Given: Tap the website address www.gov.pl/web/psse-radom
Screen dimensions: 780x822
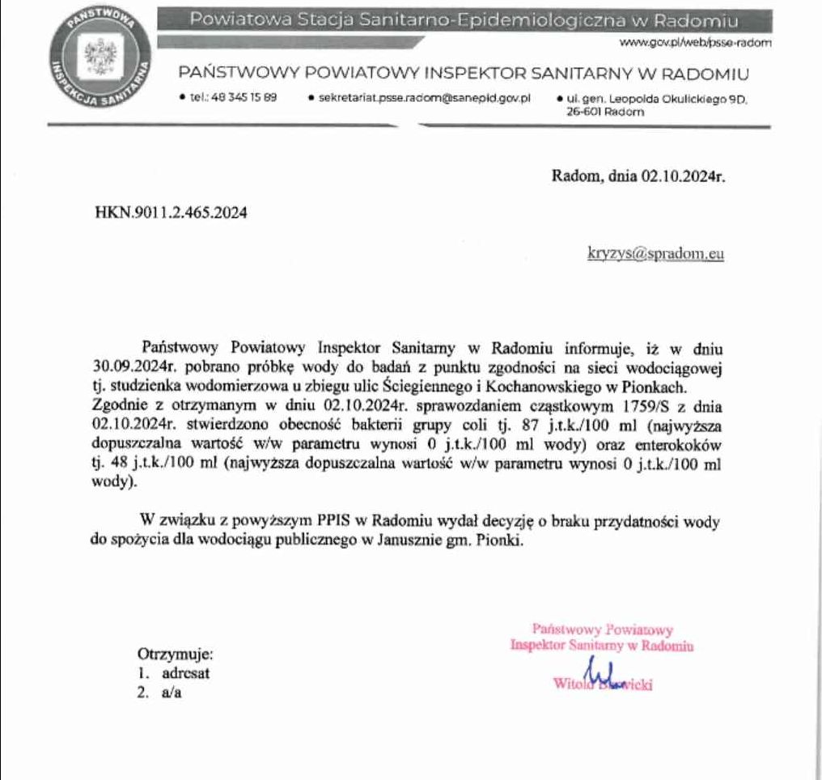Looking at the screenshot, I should point(693,41).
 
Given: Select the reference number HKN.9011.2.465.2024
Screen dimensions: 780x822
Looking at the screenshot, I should point(172,214).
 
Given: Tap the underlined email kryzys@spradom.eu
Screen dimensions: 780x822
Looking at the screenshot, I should point(655,254).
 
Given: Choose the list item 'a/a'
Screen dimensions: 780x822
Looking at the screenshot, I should point(170,693).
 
